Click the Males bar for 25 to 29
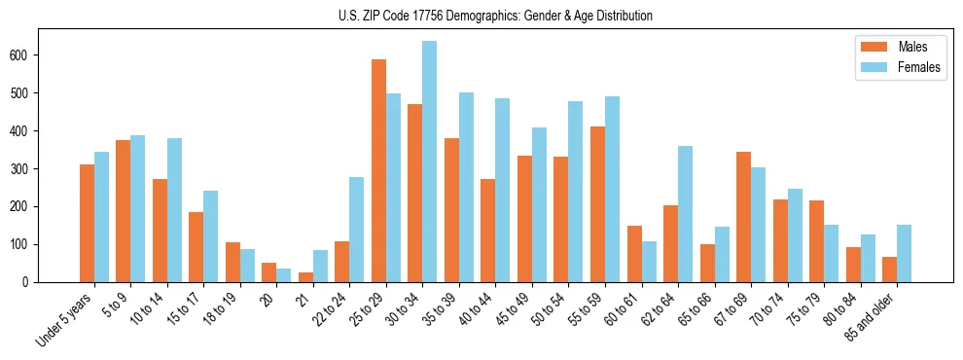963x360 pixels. coord(378,171)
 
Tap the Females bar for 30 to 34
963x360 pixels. coord(429,162)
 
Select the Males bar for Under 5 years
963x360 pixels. coord(87,224)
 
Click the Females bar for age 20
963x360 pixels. coord(283,275)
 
